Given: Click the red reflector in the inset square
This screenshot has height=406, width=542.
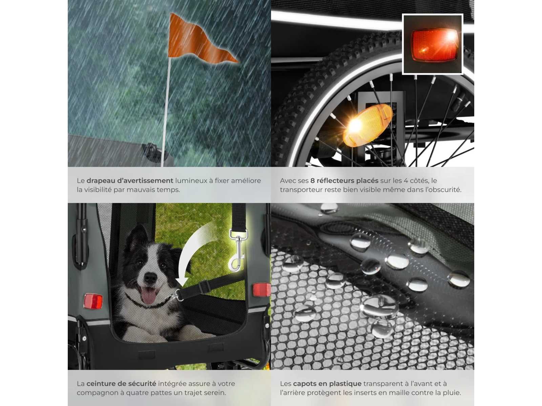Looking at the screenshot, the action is [434, 45].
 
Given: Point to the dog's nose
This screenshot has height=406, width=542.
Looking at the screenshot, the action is [150, 278].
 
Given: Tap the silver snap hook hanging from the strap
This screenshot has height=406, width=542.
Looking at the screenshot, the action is [237, 249].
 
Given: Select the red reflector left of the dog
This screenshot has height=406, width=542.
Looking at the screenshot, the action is [93, 301].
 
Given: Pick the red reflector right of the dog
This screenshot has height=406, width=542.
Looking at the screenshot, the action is [262, 290].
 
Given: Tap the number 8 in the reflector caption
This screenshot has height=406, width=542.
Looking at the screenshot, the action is [312, 181].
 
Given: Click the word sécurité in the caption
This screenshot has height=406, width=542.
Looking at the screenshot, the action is [142, 384].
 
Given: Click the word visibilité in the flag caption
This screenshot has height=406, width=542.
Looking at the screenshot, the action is [98, 190].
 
